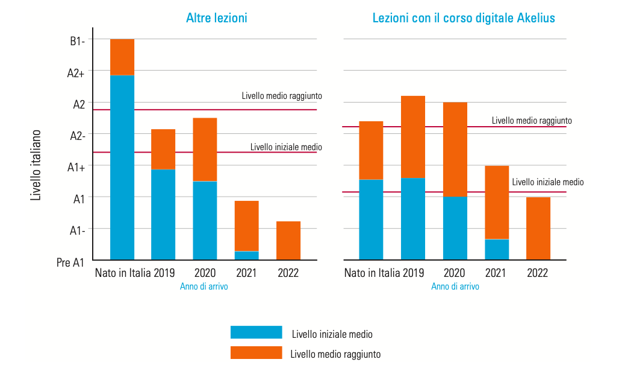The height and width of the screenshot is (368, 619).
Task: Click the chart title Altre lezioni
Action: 217,18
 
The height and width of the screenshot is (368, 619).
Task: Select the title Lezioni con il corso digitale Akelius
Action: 464,18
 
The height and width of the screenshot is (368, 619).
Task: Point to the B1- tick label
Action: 76,41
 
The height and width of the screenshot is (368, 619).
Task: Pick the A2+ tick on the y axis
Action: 76,73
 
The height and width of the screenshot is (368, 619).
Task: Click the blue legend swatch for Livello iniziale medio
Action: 256,332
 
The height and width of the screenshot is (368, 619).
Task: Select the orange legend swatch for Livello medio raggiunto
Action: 256,353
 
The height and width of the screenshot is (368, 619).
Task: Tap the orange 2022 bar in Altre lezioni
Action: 288,240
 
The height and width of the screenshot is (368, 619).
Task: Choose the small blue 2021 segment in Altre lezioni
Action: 246,255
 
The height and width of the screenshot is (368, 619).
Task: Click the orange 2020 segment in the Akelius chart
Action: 455,149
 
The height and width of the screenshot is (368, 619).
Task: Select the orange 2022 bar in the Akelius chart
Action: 538,228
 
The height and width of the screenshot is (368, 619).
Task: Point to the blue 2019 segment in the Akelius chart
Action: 412,218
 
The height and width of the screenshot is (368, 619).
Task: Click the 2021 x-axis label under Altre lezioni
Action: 246,273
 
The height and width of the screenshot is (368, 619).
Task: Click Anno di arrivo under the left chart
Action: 204,287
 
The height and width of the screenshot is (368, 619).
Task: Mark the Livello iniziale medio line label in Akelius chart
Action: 547,182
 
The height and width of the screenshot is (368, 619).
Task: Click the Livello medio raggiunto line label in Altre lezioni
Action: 282,96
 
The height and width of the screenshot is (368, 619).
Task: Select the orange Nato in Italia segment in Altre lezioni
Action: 122,57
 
